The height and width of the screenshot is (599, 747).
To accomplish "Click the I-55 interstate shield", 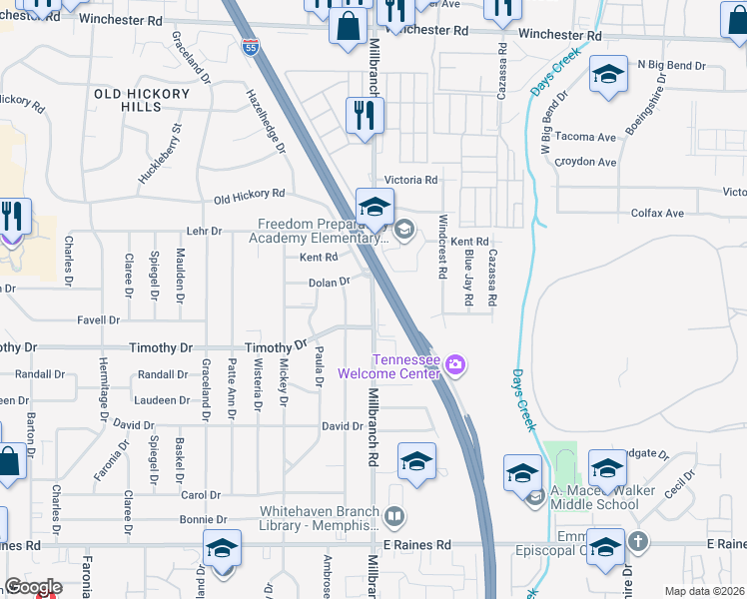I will [249, 47].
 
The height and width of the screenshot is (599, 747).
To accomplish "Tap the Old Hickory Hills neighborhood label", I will [141, 100].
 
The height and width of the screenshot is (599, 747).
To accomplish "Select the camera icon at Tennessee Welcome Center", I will [455, 365].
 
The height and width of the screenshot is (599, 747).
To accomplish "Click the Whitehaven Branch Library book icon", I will [395, 516].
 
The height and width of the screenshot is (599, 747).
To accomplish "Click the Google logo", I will [33, 587].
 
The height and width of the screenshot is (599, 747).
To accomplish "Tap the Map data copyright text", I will [704, 591].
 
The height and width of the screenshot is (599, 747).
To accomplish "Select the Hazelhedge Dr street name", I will [266, 120].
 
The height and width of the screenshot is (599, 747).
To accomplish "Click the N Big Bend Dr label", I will [671, 66].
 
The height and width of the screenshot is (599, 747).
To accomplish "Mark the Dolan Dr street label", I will [329, 283].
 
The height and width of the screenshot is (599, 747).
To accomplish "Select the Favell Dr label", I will [99, 320].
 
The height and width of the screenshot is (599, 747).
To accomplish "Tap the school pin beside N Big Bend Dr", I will [607, 75].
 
